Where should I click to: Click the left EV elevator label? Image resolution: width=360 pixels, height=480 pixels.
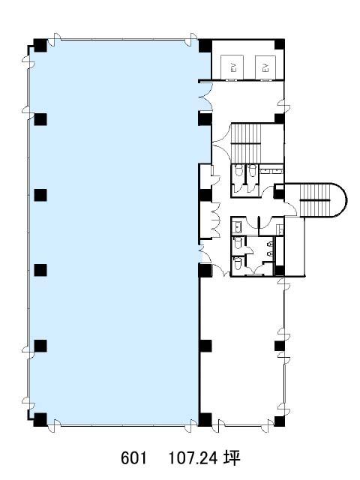coord(234,67)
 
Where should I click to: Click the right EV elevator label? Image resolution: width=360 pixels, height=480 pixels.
coord(265,67)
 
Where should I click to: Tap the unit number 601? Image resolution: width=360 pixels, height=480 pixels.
coord(133,458)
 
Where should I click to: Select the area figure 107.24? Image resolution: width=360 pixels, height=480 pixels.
coord(193,458)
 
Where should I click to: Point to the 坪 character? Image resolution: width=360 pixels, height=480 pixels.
coord(232,458)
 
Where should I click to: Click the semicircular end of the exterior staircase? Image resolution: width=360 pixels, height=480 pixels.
coord(340,200)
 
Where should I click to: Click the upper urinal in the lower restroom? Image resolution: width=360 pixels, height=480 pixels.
coord(270,244)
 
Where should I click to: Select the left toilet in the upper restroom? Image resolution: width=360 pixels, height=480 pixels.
coord(238,170)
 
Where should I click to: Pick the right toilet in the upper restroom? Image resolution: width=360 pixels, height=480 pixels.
coord(252,170)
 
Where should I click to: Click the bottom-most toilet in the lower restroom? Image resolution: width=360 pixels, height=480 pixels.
coord(238,262)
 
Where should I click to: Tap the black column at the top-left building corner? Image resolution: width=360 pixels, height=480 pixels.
coord(40,45)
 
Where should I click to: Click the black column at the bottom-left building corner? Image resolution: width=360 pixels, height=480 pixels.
coord(40,420)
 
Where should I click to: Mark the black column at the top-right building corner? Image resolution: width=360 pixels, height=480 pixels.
coord(279,44)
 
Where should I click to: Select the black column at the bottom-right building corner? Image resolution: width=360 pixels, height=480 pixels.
coord(279,421)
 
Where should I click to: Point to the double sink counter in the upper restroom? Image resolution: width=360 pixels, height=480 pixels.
coord(271,171)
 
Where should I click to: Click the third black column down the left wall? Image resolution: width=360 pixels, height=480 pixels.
coord(40,195)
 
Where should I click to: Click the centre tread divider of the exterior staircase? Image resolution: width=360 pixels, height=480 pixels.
coord(315,200)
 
